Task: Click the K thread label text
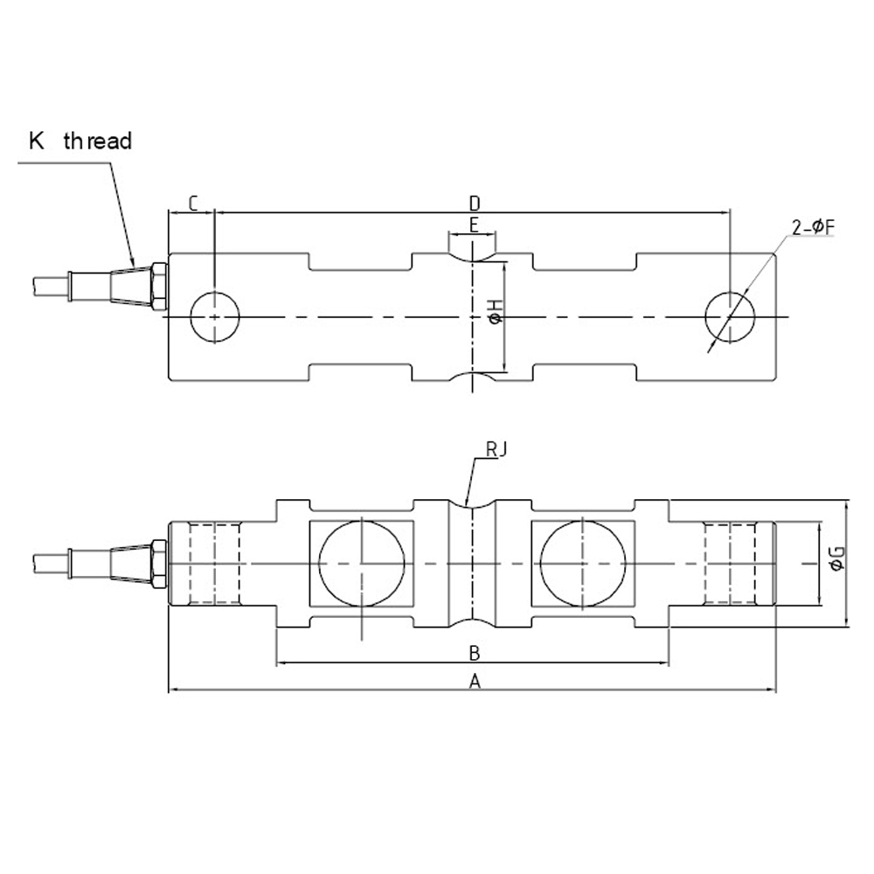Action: click(80, 141)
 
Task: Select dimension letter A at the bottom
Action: click(475, 681)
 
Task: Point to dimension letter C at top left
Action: click(193, 204)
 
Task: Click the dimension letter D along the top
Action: click(475, 203)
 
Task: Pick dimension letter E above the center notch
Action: click(473, 225)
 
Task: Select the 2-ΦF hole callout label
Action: click(814, 228)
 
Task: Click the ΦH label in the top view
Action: click(496, 311)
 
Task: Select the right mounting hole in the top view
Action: click(730, 316)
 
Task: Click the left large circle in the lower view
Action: click(361, 560)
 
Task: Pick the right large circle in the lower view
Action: click(583, 560)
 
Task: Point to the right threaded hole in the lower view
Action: click(730, 563)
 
